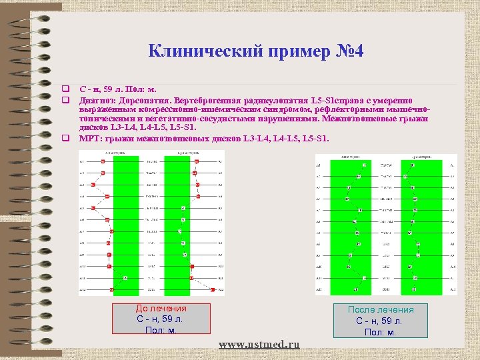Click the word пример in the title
pyautogui.click(x=292, y=51)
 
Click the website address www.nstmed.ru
pyautogui.click(x=259, y=344)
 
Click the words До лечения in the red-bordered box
pyautogui.click(x=161, y=309)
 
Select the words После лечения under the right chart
pyautogui.click(x=381, y=310)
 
